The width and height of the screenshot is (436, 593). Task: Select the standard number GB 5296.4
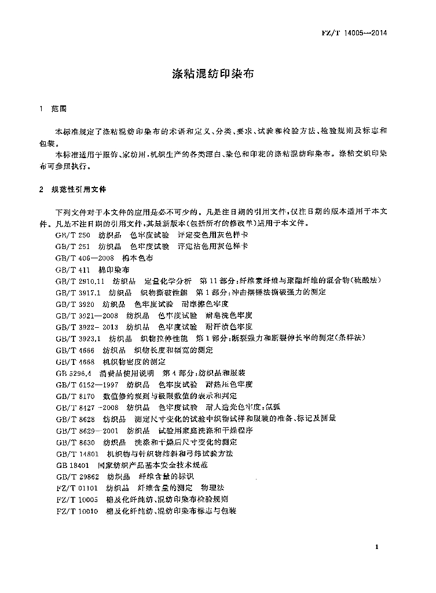pos(73,374)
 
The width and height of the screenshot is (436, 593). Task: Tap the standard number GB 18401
pos(70,465)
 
